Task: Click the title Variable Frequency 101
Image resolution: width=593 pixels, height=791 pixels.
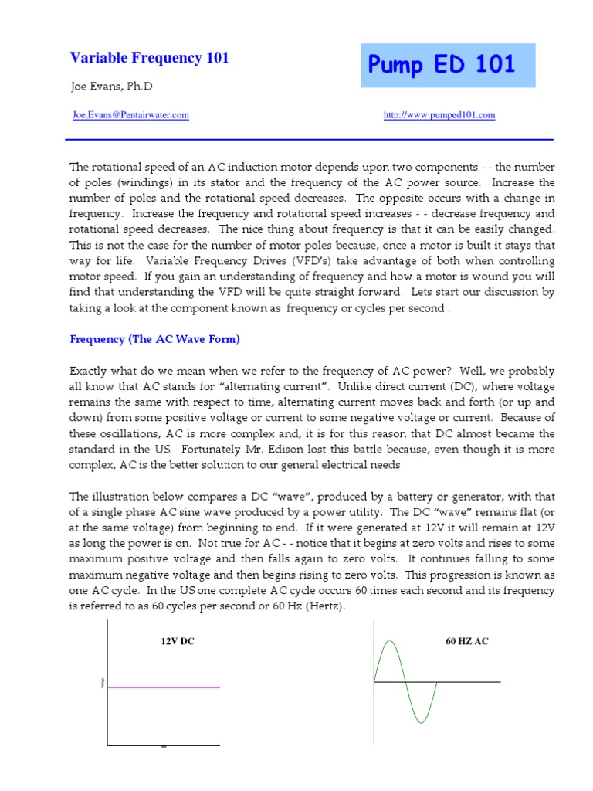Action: pyautogui.click(x=149, y=58)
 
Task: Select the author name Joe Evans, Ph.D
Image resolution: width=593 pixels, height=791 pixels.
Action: pyautogui.click(x=111, y=87)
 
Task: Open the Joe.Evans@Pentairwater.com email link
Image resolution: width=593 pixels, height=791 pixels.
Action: pyautogui.click(x=130, y=115)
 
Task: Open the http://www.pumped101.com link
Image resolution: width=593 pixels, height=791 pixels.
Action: pyautogui.click(x=439, y=115)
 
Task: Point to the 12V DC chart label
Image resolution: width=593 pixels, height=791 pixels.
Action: pyautogui.click(x=178, y=641)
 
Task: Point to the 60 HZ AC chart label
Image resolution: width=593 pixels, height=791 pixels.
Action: pyautogui.click(x=467, y=641)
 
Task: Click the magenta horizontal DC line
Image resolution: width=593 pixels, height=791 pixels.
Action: pyautogui.click(x=164, y=687)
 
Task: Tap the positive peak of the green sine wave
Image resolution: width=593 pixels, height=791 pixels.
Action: pyautogui.click(x=390, y=641)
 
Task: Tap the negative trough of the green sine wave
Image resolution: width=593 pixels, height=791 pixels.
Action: pyautogui.click(x=421, y=722)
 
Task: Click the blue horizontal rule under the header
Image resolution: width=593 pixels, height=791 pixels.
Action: pyautogui.click(x=309, y=140)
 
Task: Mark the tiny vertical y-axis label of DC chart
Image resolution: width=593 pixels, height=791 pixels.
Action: pyautogui.click(x=101, y=683)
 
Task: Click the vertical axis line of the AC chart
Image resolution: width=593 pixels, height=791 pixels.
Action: pyautogui.click(x=374, y=680)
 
